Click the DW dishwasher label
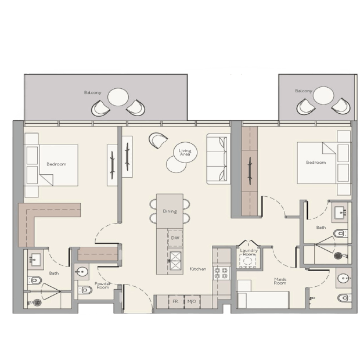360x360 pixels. click(175, 238)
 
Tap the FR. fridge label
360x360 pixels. click(175, 301)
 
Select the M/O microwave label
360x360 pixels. click(192, 301)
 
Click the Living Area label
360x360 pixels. click(185, 153)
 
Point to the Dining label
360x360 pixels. click(170, 211)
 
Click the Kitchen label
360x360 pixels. click(198, 269)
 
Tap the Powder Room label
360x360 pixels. click(103, 285)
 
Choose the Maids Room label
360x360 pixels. click(280, 281)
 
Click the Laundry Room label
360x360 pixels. click(249, 252)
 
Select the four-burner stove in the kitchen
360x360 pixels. click(222, 273)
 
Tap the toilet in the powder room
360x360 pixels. click(85, 290)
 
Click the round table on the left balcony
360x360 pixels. click(118, 97)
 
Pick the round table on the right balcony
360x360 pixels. click(323, 95)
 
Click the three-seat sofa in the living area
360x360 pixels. click(218, 159)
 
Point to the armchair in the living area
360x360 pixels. click(158, 140)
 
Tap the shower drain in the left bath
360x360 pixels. click(37, 303)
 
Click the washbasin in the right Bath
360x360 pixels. click(340, 213)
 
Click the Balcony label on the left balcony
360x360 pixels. click(92, 92)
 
